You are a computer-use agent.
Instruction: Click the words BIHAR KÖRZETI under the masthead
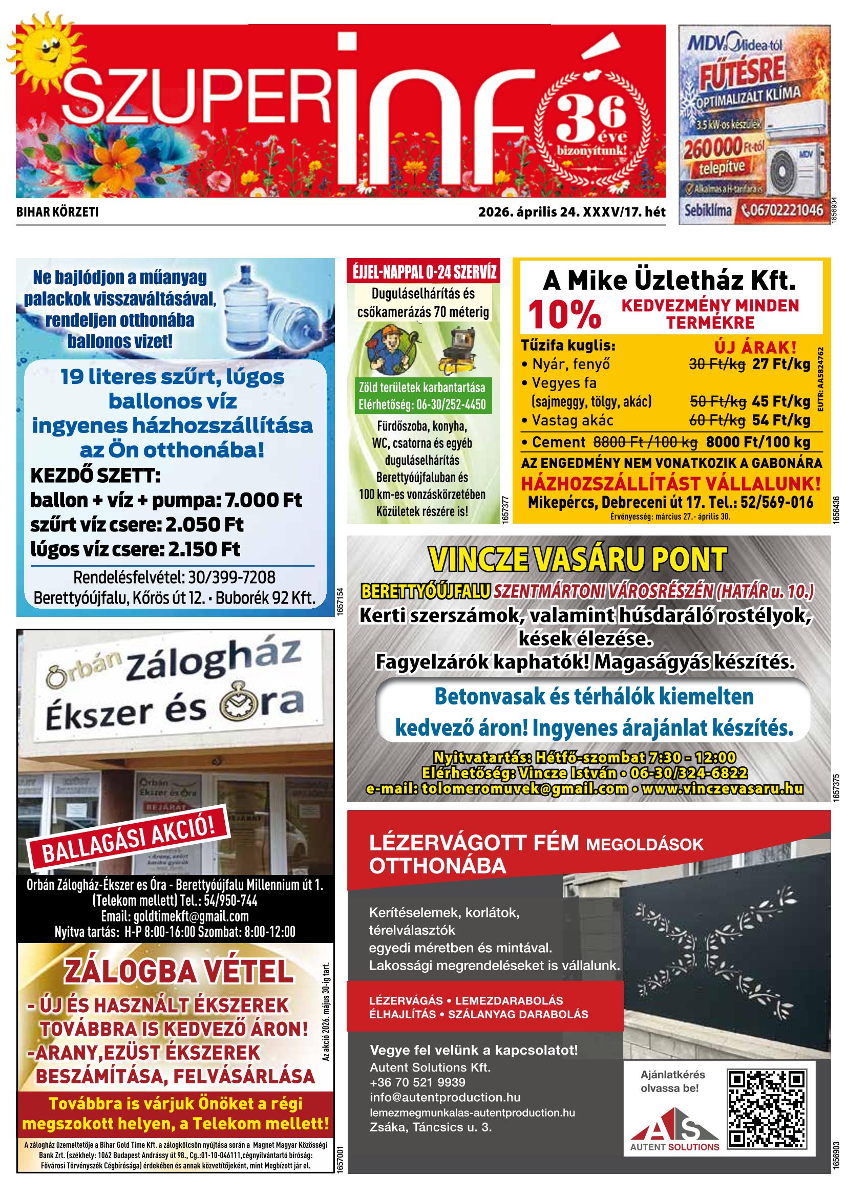pyautogui.click(x=57, y=212)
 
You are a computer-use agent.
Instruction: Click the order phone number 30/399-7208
pyautogui.click(x=225, y=577)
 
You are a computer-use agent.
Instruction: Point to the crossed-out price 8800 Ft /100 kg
pyautogui.click(x=645, y=442)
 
